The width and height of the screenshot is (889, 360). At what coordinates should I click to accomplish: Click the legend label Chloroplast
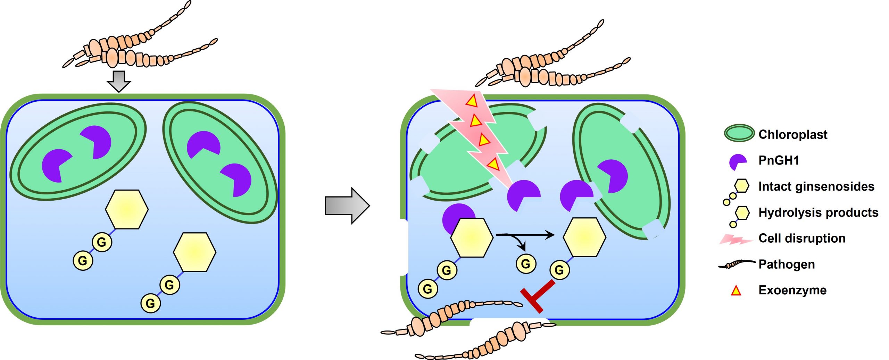click(793, 134)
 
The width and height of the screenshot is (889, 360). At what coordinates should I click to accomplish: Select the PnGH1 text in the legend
click(779, 160)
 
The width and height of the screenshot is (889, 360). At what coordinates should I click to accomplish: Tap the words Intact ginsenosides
click(816, 186)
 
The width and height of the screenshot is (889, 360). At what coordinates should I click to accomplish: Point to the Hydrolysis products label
click(819, 212)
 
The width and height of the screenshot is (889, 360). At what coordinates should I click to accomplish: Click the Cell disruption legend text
click(802, 238)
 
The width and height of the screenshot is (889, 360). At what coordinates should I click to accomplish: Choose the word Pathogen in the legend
click(787, 265)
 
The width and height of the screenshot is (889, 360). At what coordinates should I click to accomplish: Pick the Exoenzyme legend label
click(792, 290)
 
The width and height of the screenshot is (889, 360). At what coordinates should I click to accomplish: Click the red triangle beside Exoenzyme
click(736, 291)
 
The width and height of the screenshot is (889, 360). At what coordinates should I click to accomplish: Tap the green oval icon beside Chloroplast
click(739, 133)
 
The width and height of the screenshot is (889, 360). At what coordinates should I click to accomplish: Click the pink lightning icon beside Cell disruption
click(736, 239)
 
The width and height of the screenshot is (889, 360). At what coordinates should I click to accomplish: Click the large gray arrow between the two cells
click(347, 206)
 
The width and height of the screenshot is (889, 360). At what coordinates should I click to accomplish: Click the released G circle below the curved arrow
click(526, 263)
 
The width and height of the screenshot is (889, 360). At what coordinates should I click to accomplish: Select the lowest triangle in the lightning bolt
click(493, 164)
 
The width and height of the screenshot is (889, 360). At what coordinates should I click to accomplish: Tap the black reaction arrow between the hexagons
click(525, 235)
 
